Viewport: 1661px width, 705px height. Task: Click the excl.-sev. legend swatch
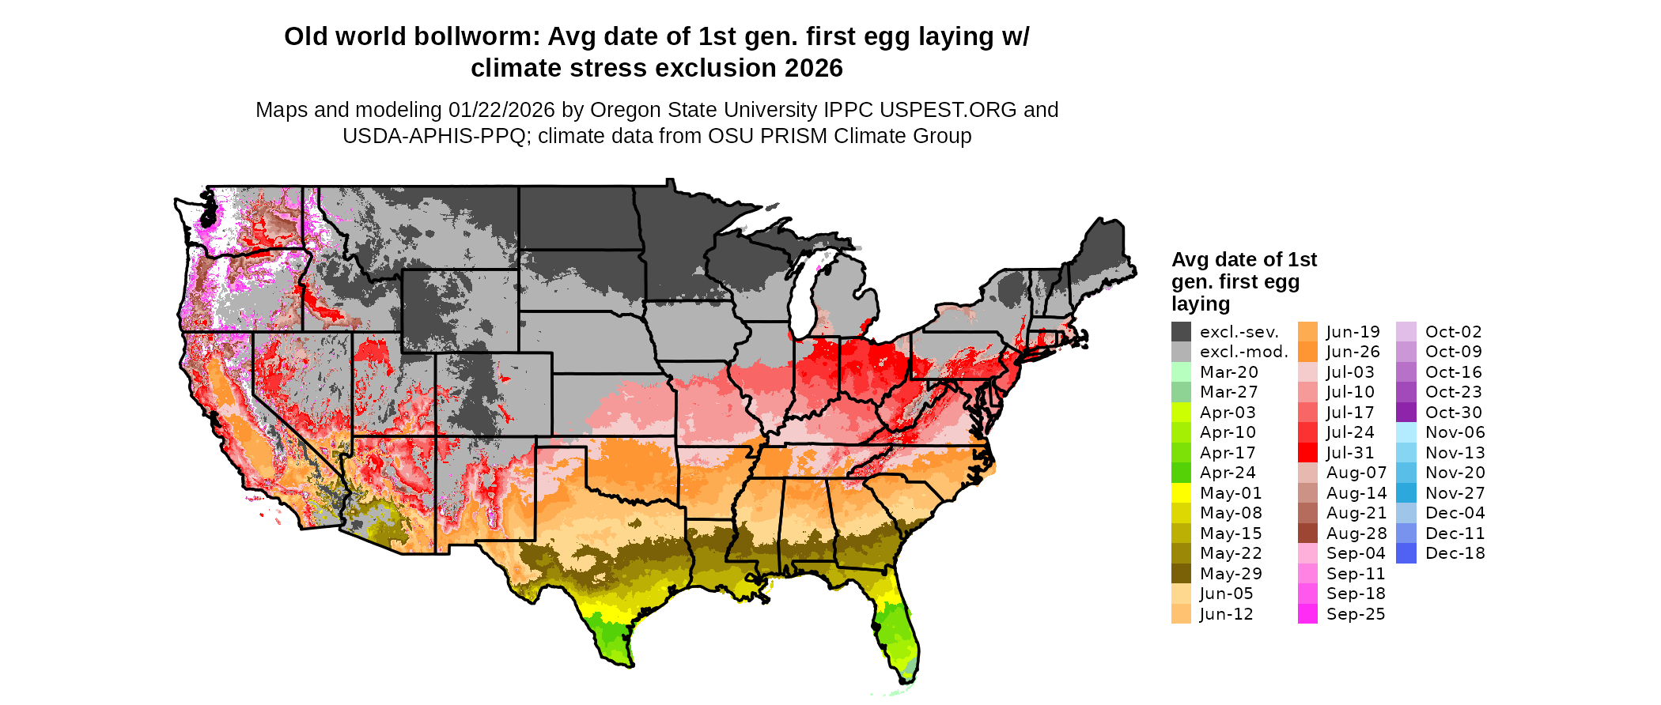[1181, 332]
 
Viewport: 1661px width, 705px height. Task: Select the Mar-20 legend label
[1228, 372]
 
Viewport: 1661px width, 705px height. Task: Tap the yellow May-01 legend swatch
[1181, 493]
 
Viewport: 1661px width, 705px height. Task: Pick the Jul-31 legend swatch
[1307, 453]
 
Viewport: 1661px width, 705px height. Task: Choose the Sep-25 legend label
[1356, 614]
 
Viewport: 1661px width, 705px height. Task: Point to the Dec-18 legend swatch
[1406, 553]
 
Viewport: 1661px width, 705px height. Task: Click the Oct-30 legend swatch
[1406, 413]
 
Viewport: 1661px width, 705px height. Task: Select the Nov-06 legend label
[1455, 432]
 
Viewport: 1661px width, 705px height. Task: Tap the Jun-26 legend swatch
[1307, 352]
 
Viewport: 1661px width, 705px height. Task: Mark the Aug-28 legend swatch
[1307, 533]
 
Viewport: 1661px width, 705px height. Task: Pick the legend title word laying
[1200, 304]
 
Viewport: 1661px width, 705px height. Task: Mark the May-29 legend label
[1230, 574]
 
